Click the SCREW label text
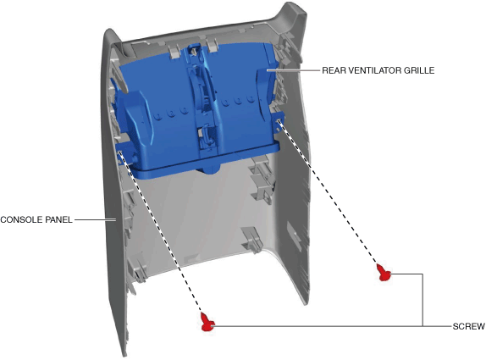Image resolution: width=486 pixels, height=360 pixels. [469, 326]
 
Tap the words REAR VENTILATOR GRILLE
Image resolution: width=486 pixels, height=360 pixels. [378, 70]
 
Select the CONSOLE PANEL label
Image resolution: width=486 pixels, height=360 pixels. [36, 219]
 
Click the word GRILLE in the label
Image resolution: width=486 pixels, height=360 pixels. [419, 70]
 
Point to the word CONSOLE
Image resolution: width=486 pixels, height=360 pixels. [21, 219]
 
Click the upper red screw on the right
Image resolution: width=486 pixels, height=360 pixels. [384, 272]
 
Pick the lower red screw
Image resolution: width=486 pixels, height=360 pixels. [207, 322]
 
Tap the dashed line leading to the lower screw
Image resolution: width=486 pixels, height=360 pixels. [161, 232]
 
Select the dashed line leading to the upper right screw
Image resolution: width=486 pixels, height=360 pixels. [328, 192]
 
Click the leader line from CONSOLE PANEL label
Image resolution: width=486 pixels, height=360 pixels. [95, 219]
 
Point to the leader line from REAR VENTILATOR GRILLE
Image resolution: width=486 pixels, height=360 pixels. [293, 70]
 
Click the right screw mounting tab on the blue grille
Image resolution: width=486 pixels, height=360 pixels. [278, 121]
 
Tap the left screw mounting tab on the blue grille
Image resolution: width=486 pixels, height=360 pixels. [123, 153]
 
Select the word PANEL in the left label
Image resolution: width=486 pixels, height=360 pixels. [59, 219]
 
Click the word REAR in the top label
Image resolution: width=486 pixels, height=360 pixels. [334, 70]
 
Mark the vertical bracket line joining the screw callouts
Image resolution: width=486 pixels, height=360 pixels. [422, 300]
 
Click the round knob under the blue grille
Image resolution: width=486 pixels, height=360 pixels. [208, 169]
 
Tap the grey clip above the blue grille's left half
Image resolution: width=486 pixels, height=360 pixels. [174, 50]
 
